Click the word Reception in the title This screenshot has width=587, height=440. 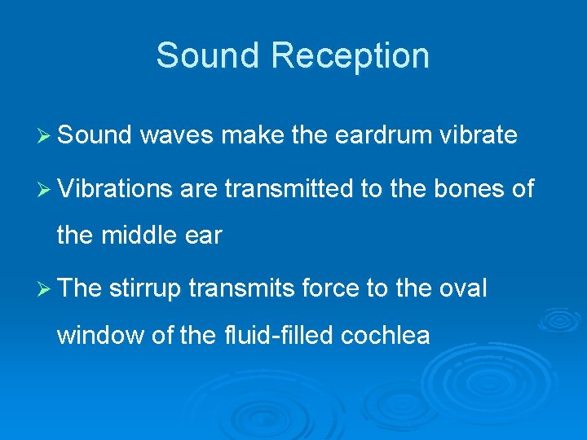pyautogui.click(x=351, y=56)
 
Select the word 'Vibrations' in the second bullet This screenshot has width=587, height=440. pyautogui.click(x=115, y=190)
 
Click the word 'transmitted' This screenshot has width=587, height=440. pyautogui.click(x=289, y=190)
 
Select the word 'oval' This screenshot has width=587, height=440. pyautogui.click(x=462, y=288)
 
